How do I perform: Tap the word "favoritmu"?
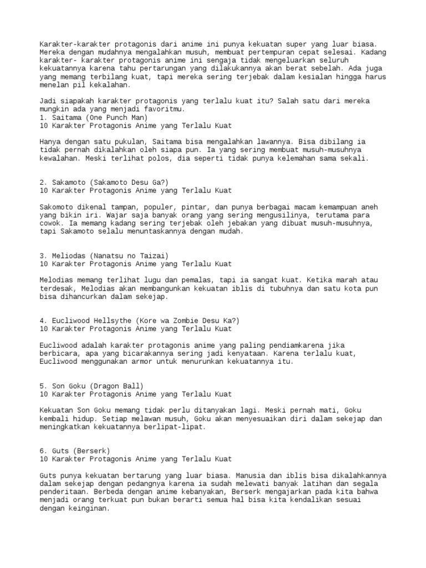tap(129, 109)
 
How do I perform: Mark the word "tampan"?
tap(120, 207)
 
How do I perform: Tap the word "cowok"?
tap(52, 224)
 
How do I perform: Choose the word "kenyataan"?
tap(253, 354)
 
